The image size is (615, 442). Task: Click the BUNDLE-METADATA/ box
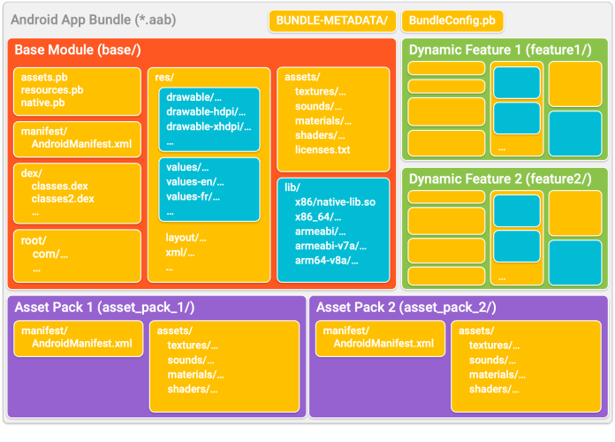[331, 19]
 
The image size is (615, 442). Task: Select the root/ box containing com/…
[77, 255]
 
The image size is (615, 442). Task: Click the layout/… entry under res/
[186, 237]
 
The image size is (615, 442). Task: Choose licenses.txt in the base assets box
[323, 149]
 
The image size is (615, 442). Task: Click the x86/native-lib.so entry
[335, 202]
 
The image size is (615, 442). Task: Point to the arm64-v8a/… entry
[330, 260]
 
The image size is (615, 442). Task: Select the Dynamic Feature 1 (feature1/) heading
[500, 50]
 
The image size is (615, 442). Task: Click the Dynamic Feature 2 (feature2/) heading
[500, 179]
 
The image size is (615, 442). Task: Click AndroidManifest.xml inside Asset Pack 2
[383, 343]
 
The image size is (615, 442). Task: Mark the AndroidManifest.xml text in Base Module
[81, 143]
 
